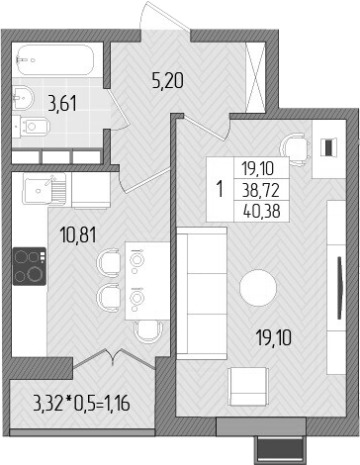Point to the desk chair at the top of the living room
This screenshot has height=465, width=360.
pos(290,144)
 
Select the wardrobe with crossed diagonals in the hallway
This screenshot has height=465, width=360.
pos(254,69)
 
